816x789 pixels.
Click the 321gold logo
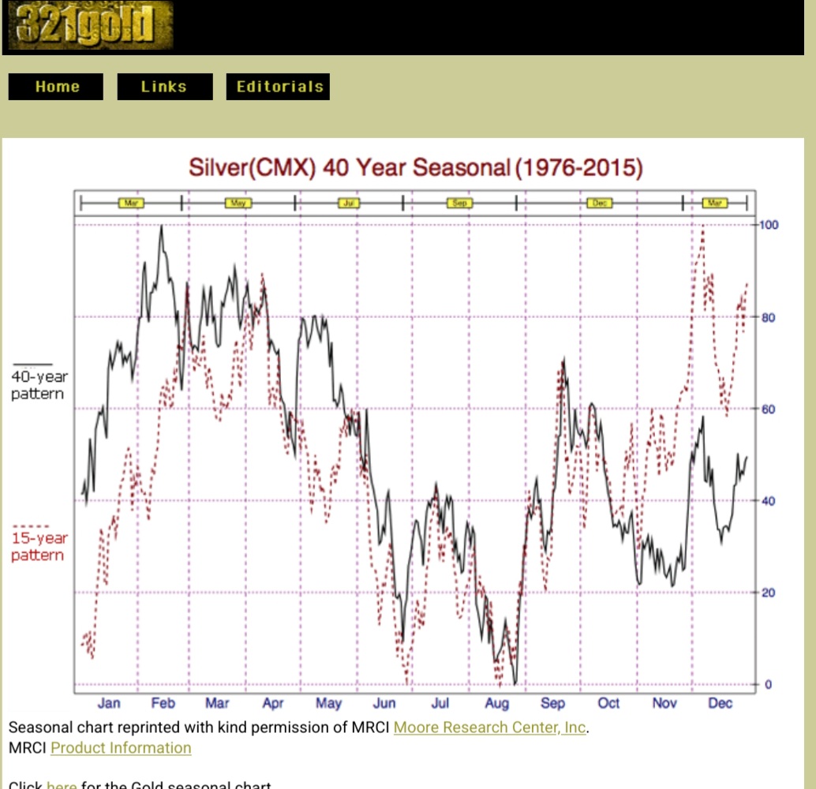click(x=89, y=27)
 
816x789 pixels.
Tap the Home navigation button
click(x=56, y=87)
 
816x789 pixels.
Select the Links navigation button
click(x=164, y=87)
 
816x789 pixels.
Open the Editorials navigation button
click(x=278, y=87)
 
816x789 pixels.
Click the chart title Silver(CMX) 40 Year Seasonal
click(x=416, y=168)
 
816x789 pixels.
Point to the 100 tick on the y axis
click(x=769, y=225)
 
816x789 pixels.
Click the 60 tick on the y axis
click(x=769, y=409)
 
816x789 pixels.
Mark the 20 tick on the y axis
click(x=769, y=593)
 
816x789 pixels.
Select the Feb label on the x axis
click(x=163, y=703)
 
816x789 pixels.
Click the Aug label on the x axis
click(x=496, y=703)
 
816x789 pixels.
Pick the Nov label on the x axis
click(x=664, y=703)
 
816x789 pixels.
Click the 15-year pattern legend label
click(x=38, y=547)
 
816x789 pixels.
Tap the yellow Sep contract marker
click(x=459, y=204)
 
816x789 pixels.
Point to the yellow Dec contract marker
click(x=599, y=204)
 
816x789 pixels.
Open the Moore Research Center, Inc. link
click(x=489, y=727)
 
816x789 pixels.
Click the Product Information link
click(x=121, y=748)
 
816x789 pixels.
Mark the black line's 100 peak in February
click(x=161, y=226)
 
